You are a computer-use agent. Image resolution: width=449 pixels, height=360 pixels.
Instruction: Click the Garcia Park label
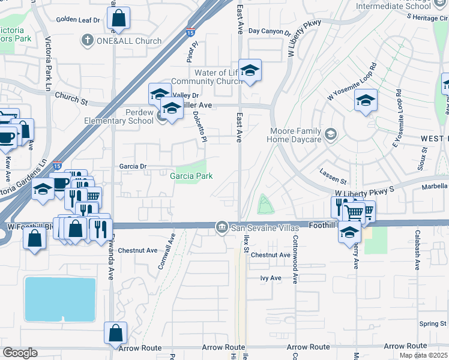(191, 176)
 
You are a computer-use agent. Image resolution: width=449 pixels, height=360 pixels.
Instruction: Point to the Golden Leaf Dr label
(78, 20)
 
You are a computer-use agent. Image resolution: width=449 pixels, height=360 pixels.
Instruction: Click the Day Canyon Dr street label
(269, 31)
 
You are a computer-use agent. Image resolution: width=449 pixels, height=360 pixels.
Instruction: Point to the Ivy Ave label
(271, 278)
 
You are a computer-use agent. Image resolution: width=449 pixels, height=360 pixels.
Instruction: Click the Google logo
(20, 353)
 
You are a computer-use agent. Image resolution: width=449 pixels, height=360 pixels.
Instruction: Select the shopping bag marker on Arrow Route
(115, 333)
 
